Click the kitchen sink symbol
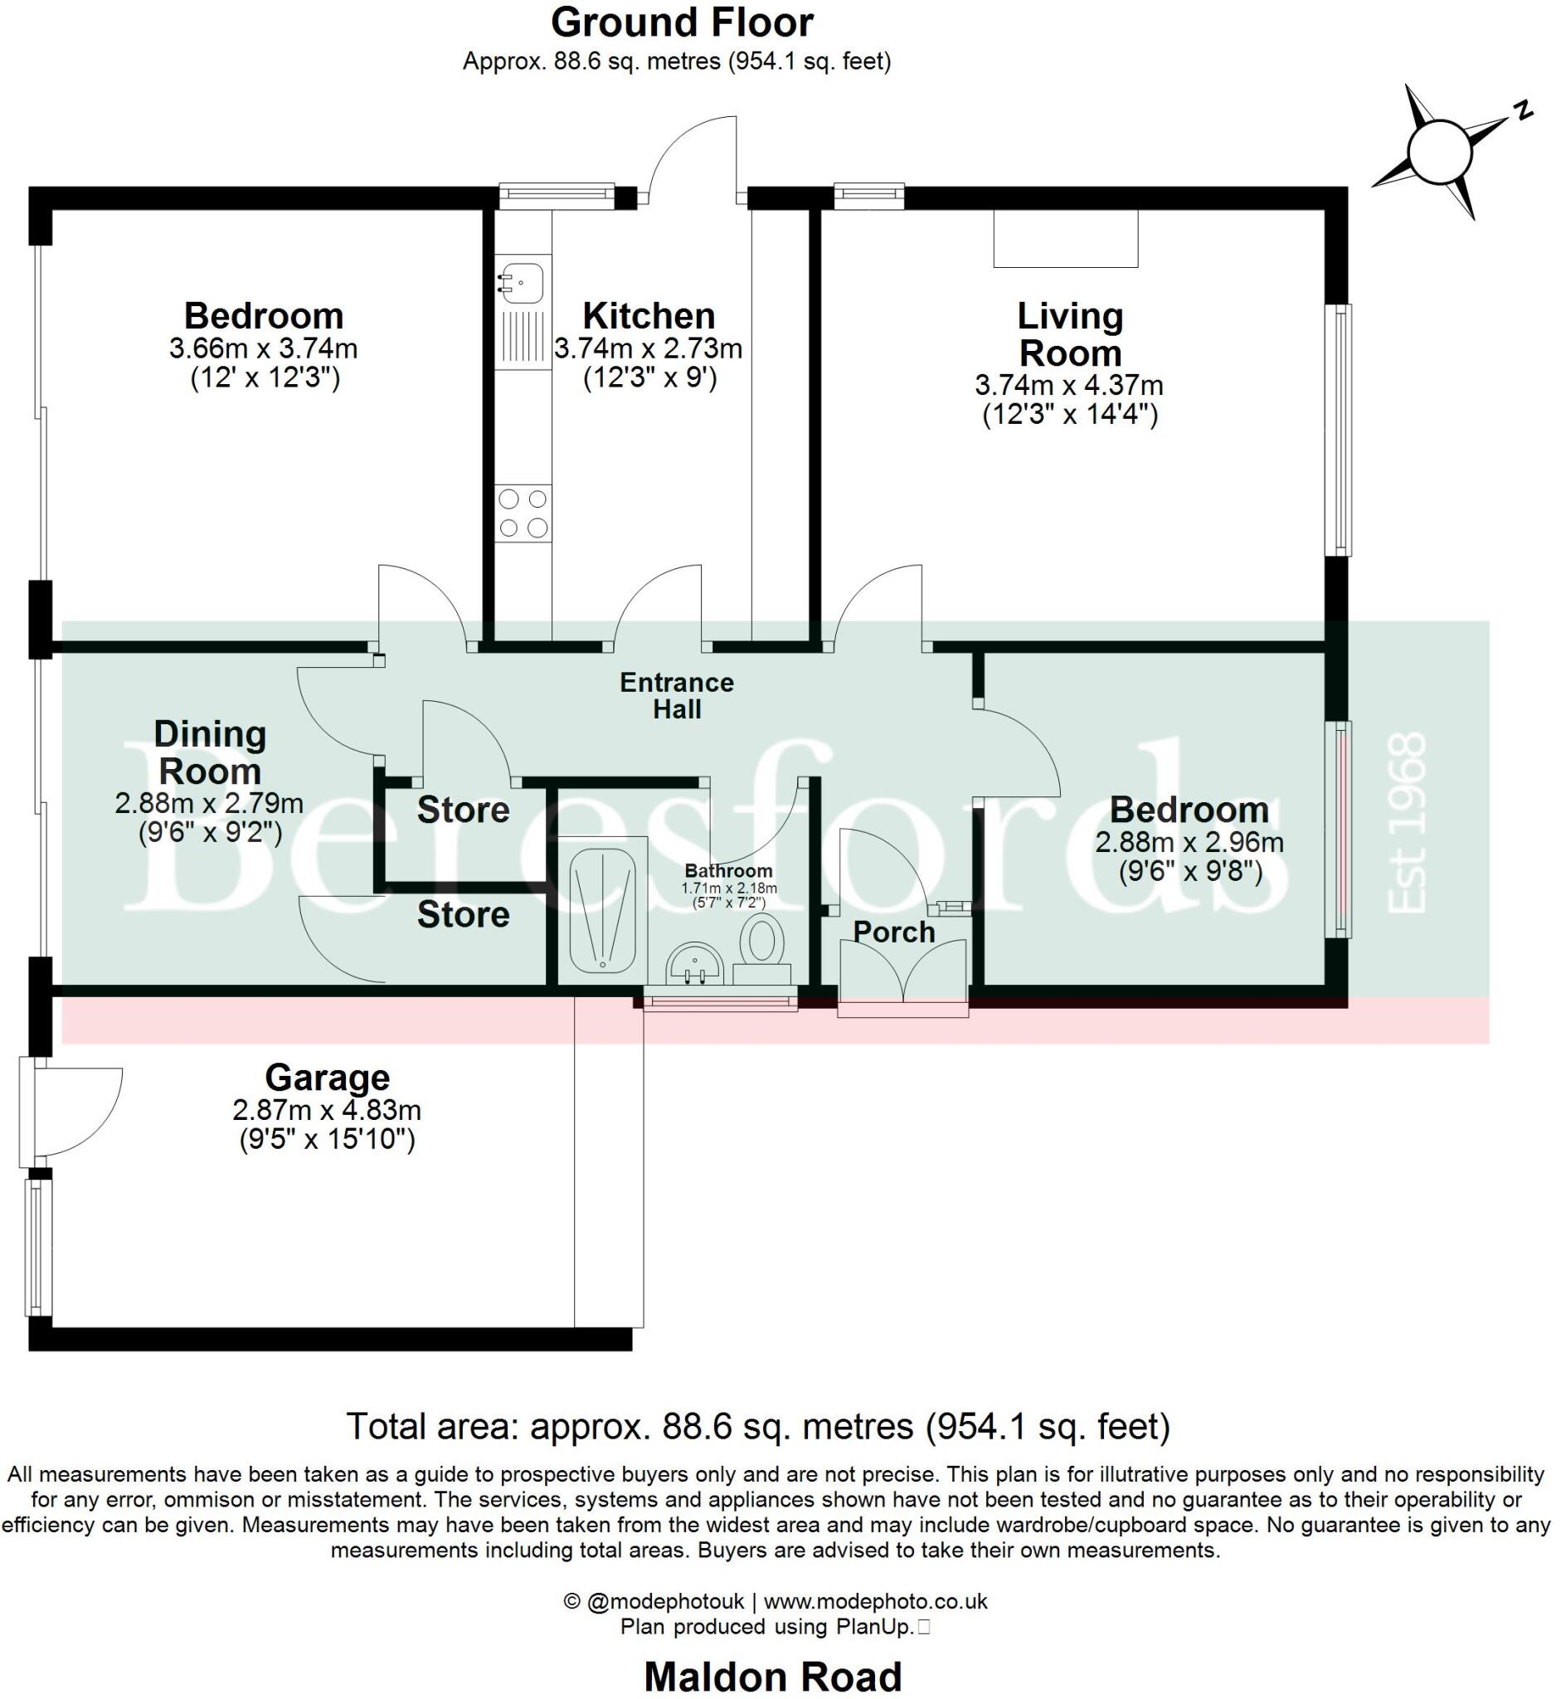pyautogui.click(x=521, y=282)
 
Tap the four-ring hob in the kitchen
pyautogui.click(x=523, y=513)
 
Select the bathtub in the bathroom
pyautogui.click(x=602, y=910)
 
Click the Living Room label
pyautogui.click(x=1069, y=334)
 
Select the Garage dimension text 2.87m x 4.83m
pyautogui.click(x=327, y=1109)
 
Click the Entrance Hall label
pyautogui.click(x=677, y=695)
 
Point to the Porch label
pyautogui.click(x=893, y=932)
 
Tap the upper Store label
pyautogui.click(x=463, y=811)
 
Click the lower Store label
pyautogui.click(x=463, y=915)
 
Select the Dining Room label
pyautogui.click(x=210, y=752)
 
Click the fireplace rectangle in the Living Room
pyautogui.click(x=1065, y=239)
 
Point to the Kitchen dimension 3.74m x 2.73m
pyautogui.click(x=648, y=348)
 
